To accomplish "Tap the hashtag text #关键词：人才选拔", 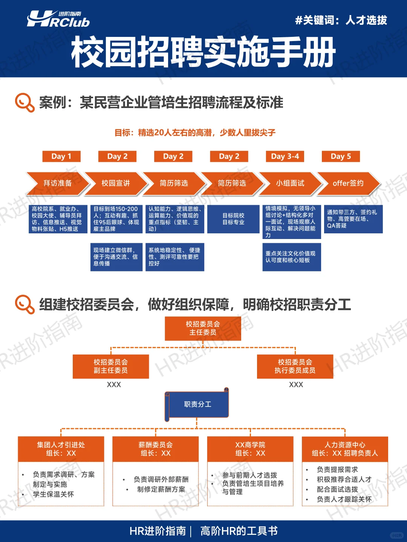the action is (x=341, y=20).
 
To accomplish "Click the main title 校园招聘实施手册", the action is (x=203, y=53).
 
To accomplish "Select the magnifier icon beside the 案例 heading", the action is (x=24, y=102).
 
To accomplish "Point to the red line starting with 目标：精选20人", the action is (x=195, y=132).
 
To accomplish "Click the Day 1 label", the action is (x=61, y=156).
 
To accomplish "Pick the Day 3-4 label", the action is (x=285, y=156).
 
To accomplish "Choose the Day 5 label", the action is (x=341, y=156).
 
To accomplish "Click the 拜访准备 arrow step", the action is (x=57, y=183).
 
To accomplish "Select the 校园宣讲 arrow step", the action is (x=116, y=183).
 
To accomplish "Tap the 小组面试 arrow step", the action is (x=290, y=183).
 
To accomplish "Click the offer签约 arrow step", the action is (x=348, y=183).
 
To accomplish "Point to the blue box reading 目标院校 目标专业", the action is (x=233, y=219).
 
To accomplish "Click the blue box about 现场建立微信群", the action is (x=116, y=257).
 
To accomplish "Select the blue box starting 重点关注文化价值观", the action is (x=291, y=257).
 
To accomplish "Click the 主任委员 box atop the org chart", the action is (x=203, y=328).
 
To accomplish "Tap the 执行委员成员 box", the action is (x=295, y=366).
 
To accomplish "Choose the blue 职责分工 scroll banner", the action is (x=197, y=405).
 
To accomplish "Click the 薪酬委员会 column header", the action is (x=156, y=449).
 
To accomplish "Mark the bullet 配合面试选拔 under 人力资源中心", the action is (x=337, y=489).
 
